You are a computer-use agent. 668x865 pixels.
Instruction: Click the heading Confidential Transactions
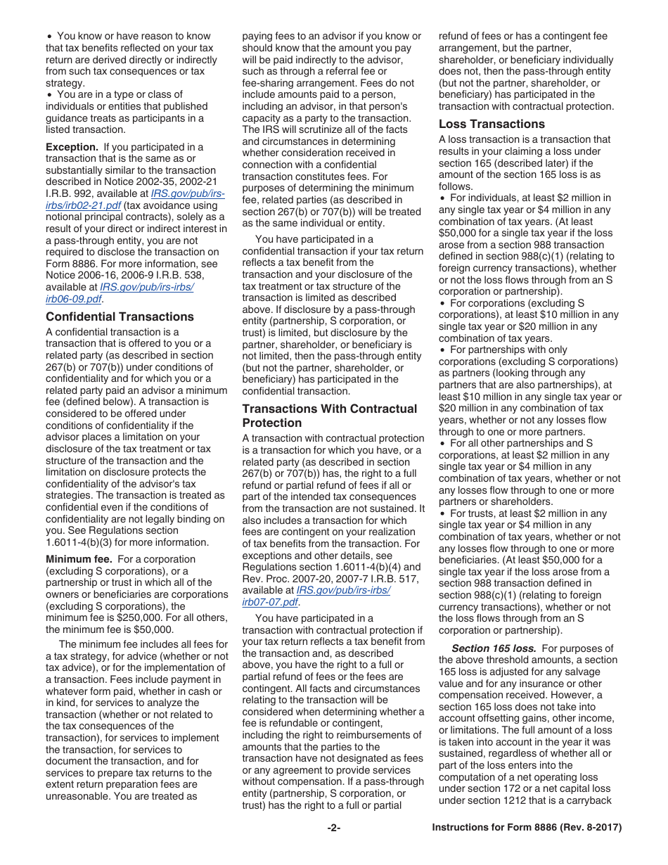(x=120, y=316)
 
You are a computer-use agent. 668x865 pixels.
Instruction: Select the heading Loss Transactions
(x=492, y=124)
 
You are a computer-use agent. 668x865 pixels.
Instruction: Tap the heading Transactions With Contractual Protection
(x=329, y=416)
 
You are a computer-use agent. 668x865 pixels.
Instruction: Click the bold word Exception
(x=72, y=147)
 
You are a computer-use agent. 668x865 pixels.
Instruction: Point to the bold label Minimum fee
(x=79, y=559)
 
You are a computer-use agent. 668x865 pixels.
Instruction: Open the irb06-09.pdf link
(x=73, y=298)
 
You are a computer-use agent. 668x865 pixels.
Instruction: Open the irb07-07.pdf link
(x=270, y=602)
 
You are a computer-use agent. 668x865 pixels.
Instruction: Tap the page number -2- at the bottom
(x=333, y=828)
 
